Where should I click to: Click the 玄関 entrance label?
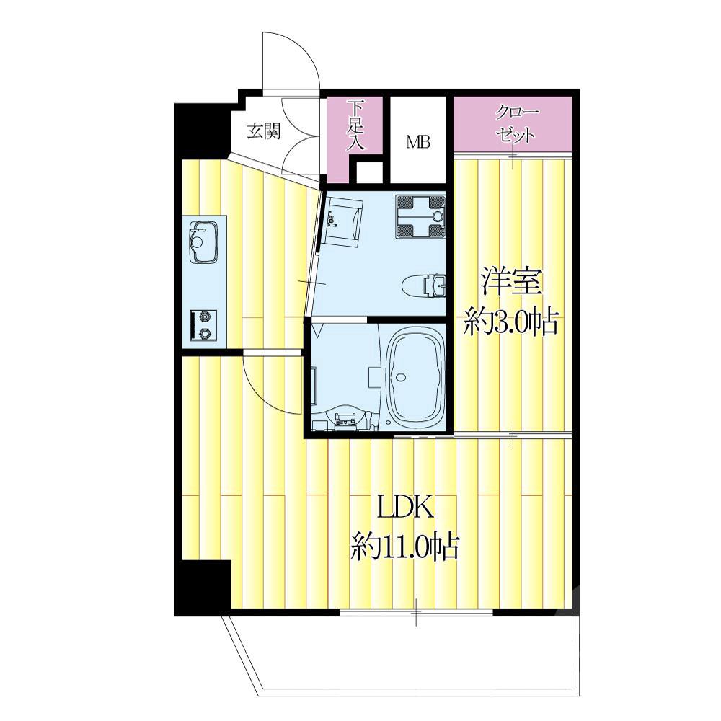263,132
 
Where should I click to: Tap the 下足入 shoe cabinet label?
355,125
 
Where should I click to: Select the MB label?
418,142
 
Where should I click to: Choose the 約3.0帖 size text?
511,322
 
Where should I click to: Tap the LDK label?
405,507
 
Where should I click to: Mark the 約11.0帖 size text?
404,546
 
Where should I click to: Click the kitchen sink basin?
203,243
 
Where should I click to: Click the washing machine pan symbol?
420,216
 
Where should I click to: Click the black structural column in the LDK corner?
203,588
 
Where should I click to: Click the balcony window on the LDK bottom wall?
416,612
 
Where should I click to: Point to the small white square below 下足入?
370,172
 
